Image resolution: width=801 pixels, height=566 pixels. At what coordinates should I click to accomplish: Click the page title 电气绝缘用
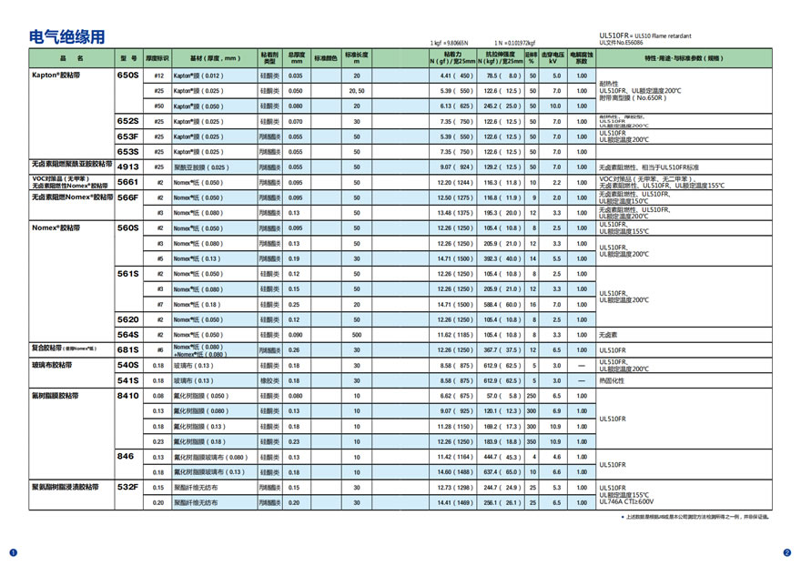(x=67, y=37)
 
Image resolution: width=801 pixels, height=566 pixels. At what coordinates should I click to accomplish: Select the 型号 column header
(x=128, y=57)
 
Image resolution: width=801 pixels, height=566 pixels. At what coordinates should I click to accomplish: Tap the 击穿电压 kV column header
(x=555, y=57)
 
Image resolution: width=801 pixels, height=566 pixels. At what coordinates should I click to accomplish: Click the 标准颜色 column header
(x=326, y=57)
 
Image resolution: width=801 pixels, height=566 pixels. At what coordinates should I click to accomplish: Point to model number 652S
(x=128, y=121)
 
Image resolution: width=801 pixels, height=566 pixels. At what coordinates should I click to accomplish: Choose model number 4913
(x=128, y=167)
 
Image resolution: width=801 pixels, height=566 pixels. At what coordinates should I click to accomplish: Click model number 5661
(x=128, y=182)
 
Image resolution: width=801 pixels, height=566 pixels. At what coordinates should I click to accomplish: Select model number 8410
(x=128, y=396)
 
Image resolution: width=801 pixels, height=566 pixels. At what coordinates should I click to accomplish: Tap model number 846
(x=126, y=457)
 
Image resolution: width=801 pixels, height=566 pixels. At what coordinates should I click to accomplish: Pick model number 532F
(x=128, y=488)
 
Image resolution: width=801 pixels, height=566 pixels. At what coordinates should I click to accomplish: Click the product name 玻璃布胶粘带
(x=51, y=365)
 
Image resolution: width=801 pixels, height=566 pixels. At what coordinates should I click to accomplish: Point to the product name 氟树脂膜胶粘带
(x=56, y=396)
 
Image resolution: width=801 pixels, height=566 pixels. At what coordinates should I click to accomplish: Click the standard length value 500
(x=357, y=335)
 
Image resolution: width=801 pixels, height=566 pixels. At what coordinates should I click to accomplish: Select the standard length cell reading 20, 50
(x=357, y=91)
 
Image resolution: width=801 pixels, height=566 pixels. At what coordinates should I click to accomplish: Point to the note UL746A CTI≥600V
(x=627, y=501)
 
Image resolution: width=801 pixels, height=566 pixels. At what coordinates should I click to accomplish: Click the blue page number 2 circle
(x=787, y=552)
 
